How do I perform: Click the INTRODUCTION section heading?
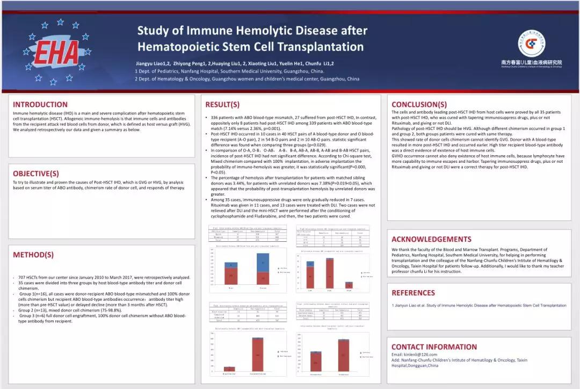40,104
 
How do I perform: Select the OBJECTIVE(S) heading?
36,174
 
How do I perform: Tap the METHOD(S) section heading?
33,255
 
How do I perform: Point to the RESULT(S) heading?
222,104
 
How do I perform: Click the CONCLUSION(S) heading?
419,104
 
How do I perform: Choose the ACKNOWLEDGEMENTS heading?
431,239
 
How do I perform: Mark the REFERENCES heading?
413,293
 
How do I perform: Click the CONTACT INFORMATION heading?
434,347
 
